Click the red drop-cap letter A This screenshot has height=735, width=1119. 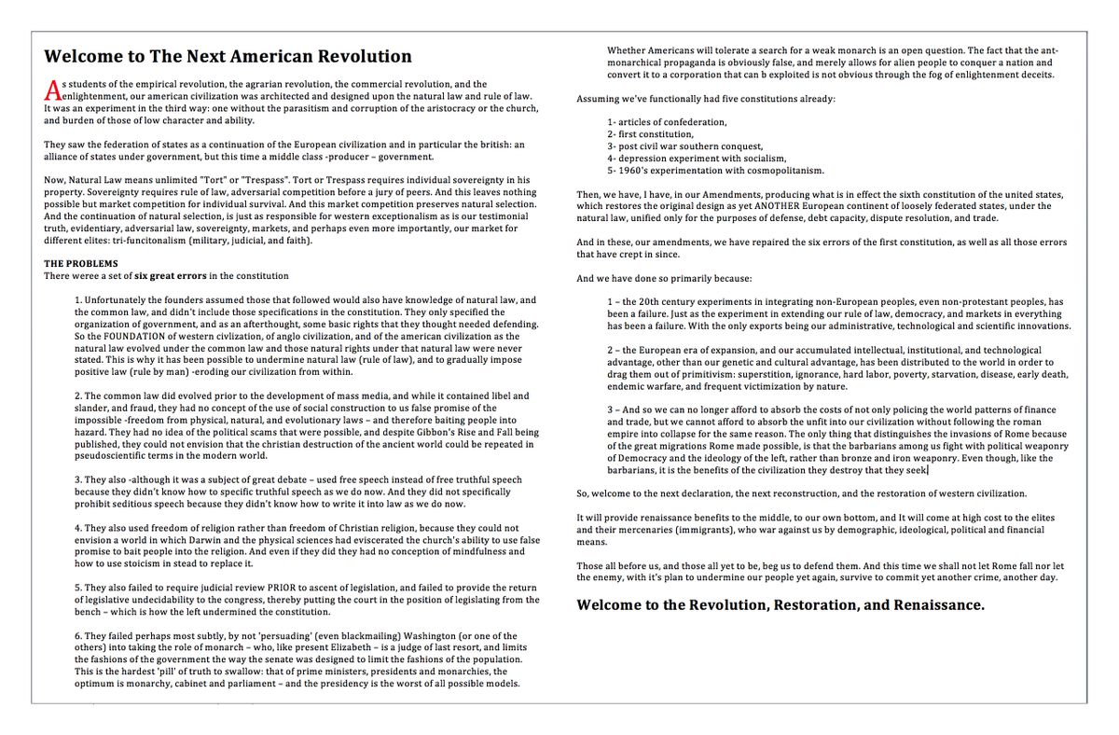(52, 90)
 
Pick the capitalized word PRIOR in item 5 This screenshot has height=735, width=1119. (251, 589)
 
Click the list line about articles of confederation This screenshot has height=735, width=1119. (666, 122)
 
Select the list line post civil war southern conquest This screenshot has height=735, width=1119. (684, 146)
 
